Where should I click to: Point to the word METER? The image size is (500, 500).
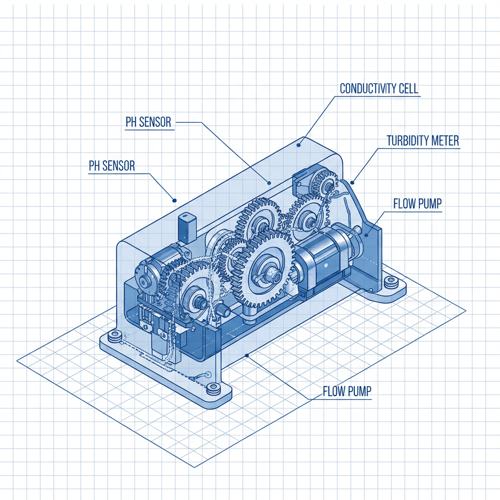446,141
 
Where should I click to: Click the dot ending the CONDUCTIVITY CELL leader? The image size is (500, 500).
299,145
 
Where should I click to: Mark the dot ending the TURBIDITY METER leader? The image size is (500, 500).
353,183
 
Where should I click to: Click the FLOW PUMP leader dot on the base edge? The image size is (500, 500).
248,355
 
